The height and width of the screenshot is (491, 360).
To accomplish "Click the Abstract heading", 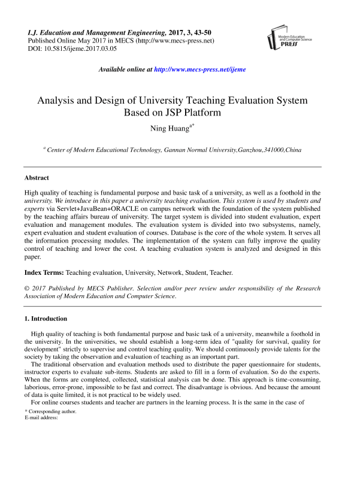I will click(x=37, y=178).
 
